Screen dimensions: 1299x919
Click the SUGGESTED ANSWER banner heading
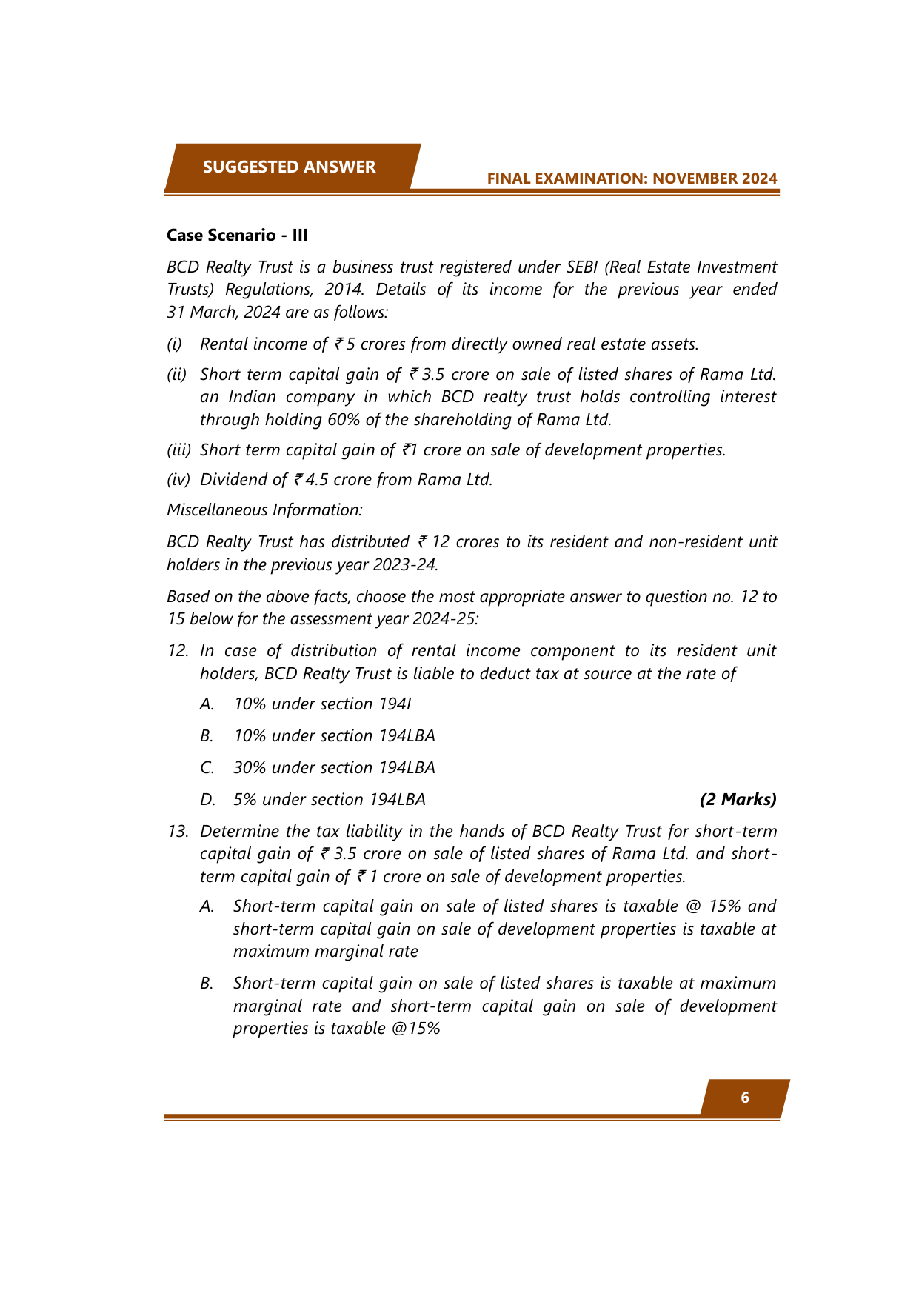[x=289, y=167]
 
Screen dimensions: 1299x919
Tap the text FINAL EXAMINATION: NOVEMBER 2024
[x=632, y=178]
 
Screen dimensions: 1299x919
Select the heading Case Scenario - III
[x=237, y=235]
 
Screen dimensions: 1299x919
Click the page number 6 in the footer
[x=745, y=1098]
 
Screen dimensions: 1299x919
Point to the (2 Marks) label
[x=738, y=799]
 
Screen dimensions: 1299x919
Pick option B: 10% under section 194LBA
[x=334, y=735]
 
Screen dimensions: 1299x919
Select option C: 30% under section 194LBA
[x=334, y=767]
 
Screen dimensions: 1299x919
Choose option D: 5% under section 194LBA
[x=329, y=799]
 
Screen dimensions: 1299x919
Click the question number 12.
[x=178, y=650]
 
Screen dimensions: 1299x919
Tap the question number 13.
[x=178, y=831]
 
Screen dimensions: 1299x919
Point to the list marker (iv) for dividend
[x=178, y=479]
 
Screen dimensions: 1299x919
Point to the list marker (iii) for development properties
[x=178, y=450]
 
